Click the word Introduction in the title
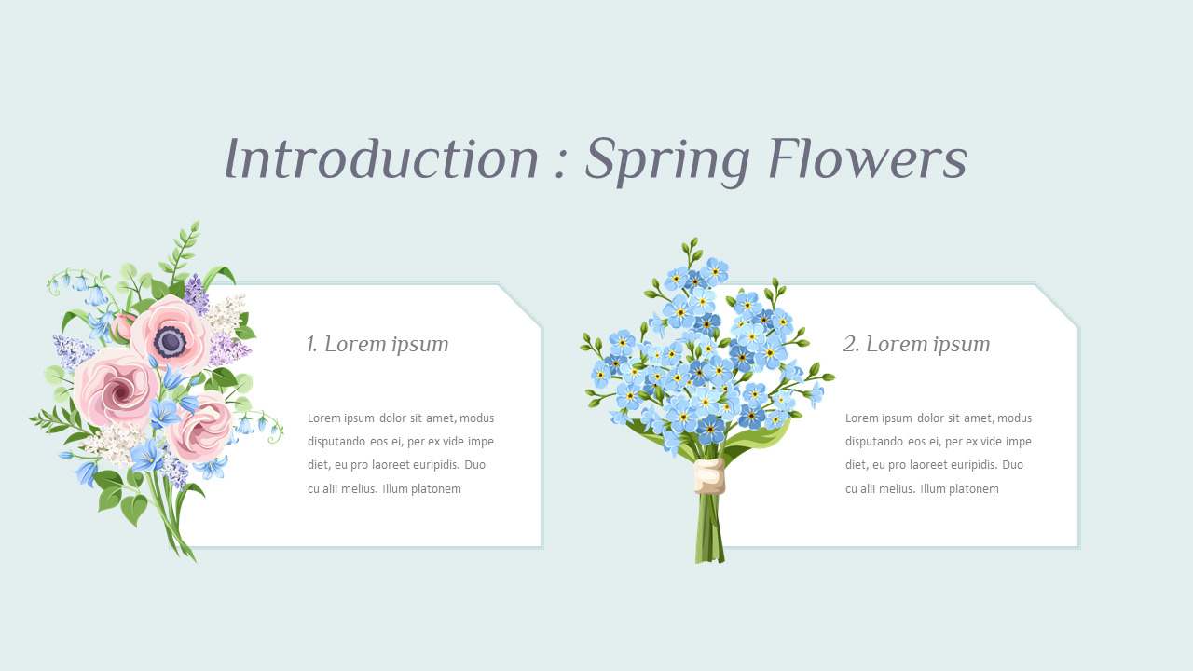(x=382, y=160)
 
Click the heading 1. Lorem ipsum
(x=377, y=344)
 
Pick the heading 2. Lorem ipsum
(x=916, y=344)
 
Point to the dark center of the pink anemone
(x=171, y=341)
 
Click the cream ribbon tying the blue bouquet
(x=709, y=476)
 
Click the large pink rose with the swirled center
(x=117, y=387)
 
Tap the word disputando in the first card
(x=337, y=442)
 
